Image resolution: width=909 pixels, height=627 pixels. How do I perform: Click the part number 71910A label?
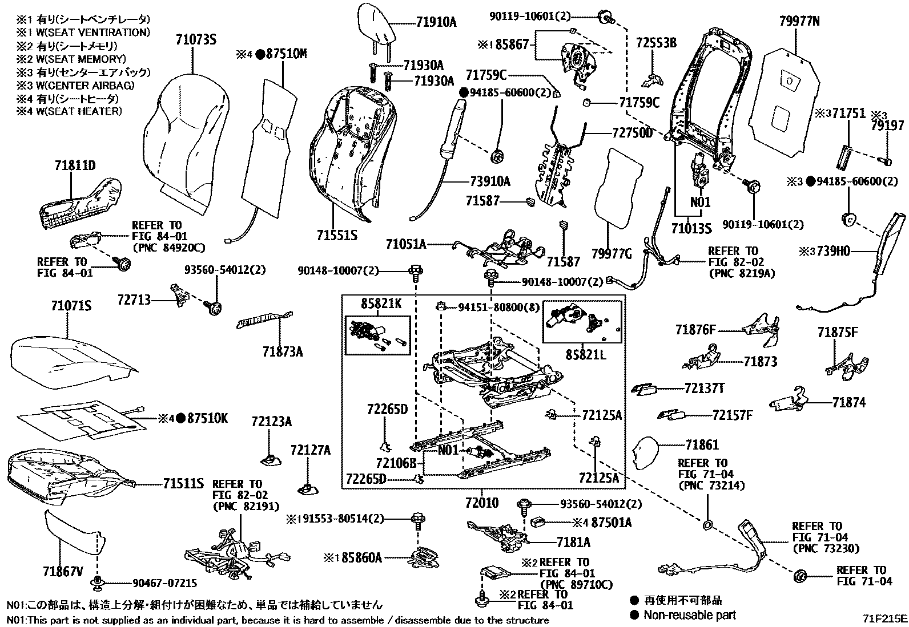pyautogui.click(x=436, y=22)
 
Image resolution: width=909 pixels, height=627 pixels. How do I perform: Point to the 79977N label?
pyautogui.click(x=799, y=21)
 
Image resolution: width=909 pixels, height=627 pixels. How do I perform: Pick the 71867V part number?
pyautogui.click(x=63, y=571)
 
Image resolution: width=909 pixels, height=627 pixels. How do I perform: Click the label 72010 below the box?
pyautogui.click(x=481, y=503)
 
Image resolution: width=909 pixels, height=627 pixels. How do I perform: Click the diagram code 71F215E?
pyautogui.click(x=884, y=618)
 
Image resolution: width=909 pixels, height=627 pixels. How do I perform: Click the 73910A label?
pyautogui.click(x=489, y=182)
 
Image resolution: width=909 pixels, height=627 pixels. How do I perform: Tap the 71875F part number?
pyautogui.click(x=837, y=332)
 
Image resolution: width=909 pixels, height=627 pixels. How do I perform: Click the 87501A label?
pyautogui.click(x=612, y=522)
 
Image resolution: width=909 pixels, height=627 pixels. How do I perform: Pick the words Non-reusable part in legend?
pyautogui.click(x=689, y=615)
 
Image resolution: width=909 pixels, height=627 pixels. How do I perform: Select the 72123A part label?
pyautogui.click(x=271, y=422)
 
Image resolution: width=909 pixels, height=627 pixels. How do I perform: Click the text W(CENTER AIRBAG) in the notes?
pyautogui.click(x=79, y=86)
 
